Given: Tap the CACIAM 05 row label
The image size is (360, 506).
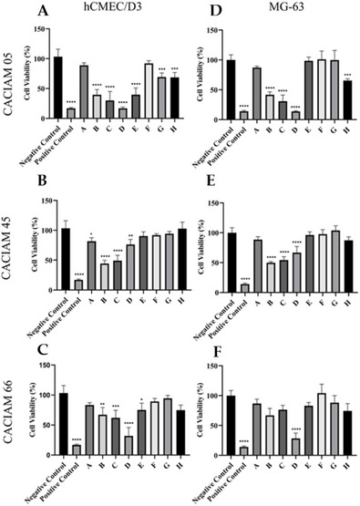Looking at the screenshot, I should [x=11, y=77].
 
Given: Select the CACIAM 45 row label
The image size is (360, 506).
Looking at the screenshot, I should [x=11, y=245].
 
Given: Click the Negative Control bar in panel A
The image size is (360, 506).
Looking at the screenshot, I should [x=58, y=87].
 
